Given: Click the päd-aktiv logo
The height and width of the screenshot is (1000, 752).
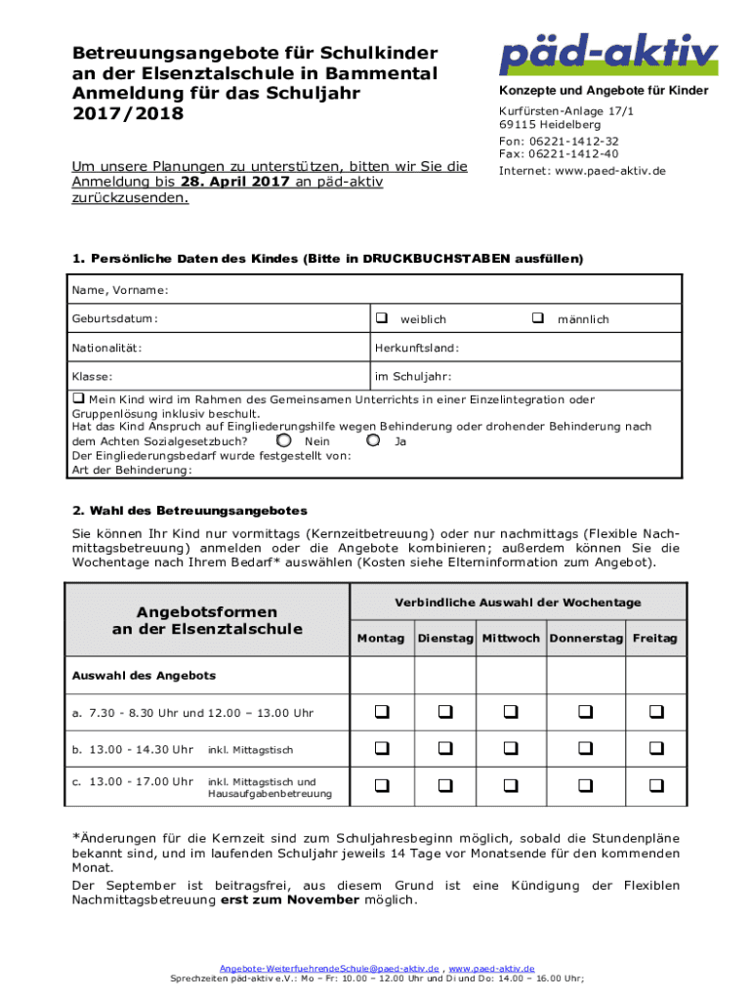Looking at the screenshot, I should pyautogui.click(x=607, y=55).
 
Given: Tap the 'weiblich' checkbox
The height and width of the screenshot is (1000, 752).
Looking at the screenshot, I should pyautogui.click(x=381, y=318).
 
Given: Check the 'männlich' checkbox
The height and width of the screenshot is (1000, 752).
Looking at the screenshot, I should pyautogui.click(x=537, y=318).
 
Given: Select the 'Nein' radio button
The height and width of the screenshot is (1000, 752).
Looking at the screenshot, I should pyautogui.click(x=284, y=440).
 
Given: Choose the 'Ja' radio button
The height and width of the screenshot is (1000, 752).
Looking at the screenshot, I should pyautogui.click(x=373, y=440).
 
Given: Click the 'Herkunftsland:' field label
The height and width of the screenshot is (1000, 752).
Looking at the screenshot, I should pyautogui.click(x=416, y=348).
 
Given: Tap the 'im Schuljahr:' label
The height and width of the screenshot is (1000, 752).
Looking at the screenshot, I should pyautogui.click(x=412, y=376).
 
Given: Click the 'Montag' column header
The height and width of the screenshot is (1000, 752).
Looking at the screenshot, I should pyautogui.click(x=381, y=638).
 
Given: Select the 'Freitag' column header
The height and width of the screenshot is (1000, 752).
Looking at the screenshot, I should pyautogui.click(x=654, y=638).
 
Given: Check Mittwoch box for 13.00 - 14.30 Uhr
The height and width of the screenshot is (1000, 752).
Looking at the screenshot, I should pyautogui.click(x=511, y=749).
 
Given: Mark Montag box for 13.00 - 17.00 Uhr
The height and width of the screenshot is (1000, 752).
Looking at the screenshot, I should pyautogui.click(x=381, y=785).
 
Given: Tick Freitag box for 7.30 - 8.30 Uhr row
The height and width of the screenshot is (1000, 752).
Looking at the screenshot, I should pyautogui.click(x=655, y=712).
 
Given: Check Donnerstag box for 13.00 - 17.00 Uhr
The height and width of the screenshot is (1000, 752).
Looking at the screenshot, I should pyautogui.click(x=585, y=785).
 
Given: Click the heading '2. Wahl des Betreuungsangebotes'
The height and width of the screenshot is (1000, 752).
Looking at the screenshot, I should pyautogui.click(x=189, y=511).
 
